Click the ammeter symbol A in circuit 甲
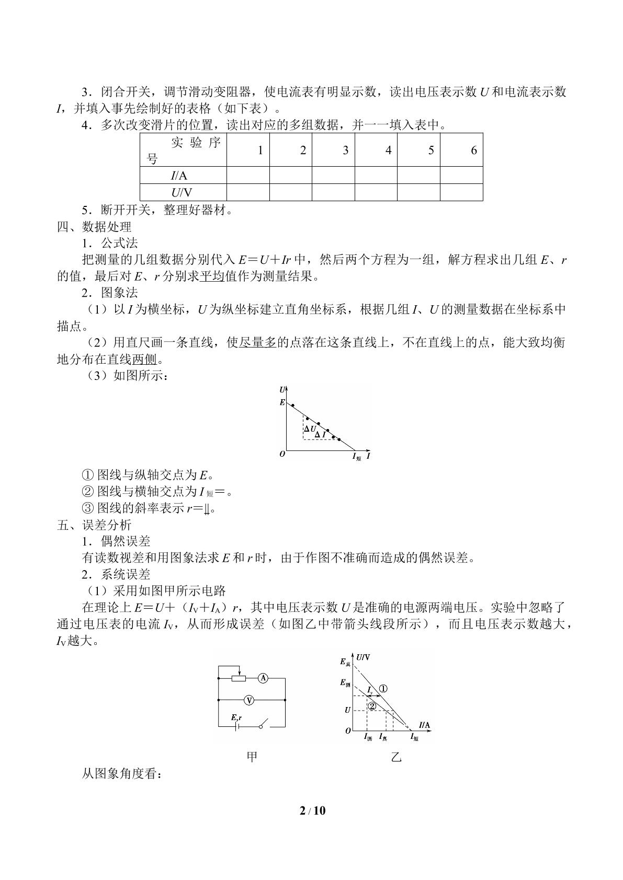click(x=263, y=678)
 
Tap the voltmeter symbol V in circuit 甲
click(x=250, y=699)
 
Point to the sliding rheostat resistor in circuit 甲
click(x=239, y=678)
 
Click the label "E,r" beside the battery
click(x=236, y=717)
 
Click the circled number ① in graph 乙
click(x=383, y=688)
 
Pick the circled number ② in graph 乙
click(x=372, y=706)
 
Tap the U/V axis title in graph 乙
click(x=363, y=657)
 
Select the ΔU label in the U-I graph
click(x=310, y=429)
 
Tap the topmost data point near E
click(x=293, y=405)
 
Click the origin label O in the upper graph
click(x=282, y=454)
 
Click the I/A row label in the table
click(x=179, y=176)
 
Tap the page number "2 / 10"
click(x=312, y=810)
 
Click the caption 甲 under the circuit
click(x=252, y=756)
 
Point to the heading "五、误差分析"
click(x=94, y=525)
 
